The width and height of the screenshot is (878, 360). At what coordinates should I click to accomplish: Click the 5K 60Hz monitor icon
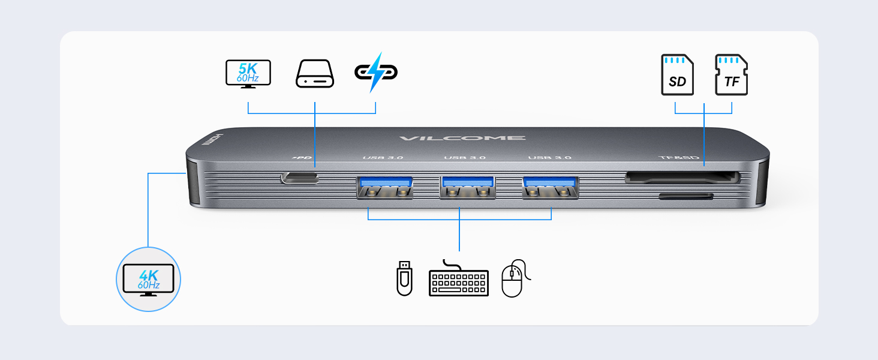point(248,74)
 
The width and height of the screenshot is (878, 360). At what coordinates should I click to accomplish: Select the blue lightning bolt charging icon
point(376,73)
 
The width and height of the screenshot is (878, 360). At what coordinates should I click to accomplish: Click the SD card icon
point(677,75)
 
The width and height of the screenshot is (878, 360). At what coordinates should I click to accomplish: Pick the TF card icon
point(731,75)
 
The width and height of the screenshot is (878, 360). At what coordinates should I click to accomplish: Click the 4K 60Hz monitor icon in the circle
point(148,280)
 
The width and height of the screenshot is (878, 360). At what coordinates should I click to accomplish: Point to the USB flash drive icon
point(404,278)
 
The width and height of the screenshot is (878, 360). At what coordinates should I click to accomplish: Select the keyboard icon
point(459,279)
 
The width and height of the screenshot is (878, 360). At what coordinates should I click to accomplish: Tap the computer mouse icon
point(513,278)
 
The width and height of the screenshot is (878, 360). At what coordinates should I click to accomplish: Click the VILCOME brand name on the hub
point(462,138)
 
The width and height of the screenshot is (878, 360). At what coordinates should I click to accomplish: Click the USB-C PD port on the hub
point(300,178)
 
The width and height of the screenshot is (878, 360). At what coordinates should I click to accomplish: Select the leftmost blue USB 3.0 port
point(385,187)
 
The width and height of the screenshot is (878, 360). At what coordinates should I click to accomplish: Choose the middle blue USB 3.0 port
point(467,187)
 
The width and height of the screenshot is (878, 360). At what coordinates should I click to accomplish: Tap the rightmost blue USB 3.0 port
point(550,187)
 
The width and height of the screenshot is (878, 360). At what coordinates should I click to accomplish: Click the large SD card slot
point(682,178)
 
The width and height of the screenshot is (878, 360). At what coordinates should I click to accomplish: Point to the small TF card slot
point(686,196)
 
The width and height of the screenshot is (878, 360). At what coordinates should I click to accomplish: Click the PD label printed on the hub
point(303,158)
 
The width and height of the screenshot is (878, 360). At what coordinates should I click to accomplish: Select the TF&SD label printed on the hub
point(679,158)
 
